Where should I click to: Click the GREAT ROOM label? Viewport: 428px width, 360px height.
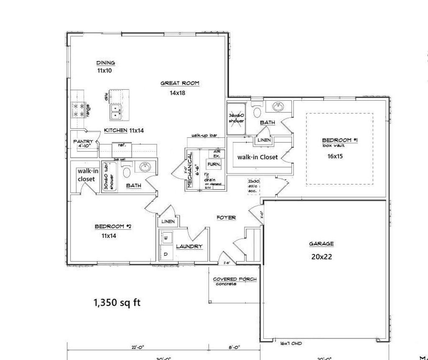(180, 84)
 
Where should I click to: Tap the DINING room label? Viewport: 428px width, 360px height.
(105, 63)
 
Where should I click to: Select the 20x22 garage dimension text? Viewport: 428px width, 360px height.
(321, 257)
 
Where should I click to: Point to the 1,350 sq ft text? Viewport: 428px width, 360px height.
(117, 303)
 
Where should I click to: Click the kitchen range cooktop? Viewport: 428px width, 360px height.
(77, 110)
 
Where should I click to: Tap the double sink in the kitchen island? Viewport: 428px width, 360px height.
(115, 110)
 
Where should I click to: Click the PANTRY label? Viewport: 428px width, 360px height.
(83, 142)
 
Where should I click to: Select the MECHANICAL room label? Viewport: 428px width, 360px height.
(190, 170)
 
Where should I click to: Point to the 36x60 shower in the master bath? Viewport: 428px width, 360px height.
(236, 118)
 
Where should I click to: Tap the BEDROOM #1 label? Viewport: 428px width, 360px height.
(340, 140)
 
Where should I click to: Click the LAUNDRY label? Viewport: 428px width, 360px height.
(189, 246)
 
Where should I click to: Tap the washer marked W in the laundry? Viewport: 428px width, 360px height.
(166, 238)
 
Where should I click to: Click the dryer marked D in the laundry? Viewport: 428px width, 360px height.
(166, 254)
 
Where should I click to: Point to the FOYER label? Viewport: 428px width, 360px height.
(226, 218)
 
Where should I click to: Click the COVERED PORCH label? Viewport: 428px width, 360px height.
(234, 279)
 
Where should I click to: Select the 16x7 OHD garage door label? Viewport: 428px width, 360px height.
(291, 343)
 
